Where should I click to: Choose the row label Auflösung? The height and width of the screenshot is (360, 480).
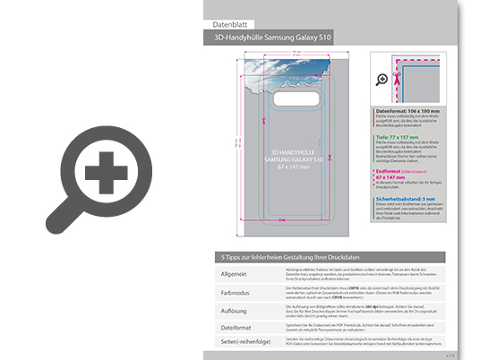[224, 309]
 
